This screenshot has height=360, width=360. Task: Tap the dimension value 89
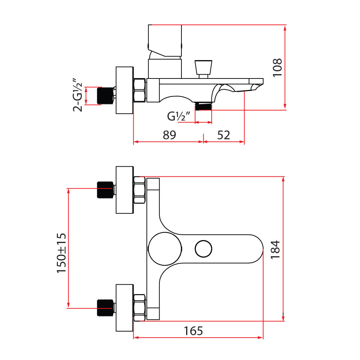point(169,135)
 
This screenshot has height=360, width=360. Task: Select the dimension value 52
point(224,135)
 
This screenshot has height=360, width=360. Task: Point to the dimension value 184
point(276,249)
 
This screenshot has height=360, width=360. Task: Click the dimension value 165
point(193,330)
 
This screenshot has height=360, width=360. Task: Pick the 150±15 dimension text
point(62,253)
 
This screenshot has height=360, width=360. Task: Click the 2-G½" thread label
point(78,95)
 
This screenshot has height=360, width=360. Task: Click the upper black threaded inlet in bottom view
point(105,189)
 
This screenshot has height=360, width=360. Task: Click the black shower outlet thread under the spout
point(204,107)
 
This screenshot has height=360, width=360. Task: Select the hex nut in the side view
point(139,90)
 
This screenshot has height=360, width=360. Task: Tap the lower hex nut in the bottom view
point(140,307)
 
